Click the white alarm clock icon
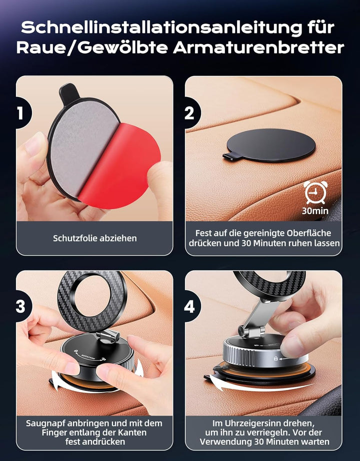[x=314, y=191]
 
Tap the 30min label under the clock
[x=314, y=210]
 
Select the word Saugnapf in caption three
[x=43, y=423]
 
